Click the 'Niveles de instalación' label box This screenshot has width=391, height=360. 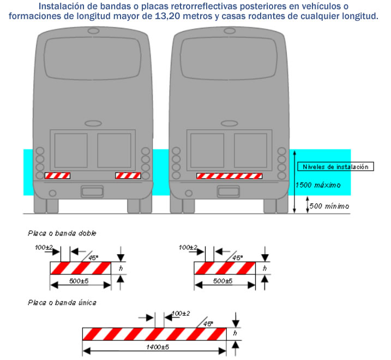point(335,167)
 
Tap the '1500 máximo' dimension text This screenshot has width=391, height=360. point(318,185)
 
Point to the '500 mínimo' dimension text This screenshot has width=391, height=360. point(329,206)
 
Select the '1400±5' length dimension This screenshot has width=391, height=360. point(158,347)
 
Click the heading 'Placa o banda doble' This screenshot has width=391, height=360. point(62,233)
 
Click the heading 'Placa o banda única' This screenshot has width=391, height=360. point(62,303)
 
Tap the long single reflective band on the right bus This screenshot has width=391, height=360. point(229,176)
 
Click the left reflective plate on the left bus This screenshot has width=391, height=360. point(57,176)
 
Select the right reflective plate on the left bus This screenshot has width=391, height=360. point(128,176)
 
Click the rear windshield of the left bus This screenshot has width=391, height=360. point(93,58)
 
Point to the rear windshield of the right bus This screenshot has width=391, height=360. point(228,58)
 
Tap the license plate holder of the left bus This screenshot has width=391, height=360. point(92,191)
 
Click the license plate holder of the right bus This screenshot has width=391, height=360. point(228,191)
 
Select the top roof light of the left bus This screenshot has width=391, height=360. point(93,31)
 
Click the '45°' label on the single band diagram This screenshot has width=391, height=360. point(208,324)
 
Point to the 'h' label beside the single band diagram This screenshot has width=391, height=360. point(235,333)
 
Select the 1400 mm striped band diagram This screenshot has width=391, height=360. point(155,334)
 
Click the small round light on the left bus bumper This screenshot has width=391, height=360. point(52,193)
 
